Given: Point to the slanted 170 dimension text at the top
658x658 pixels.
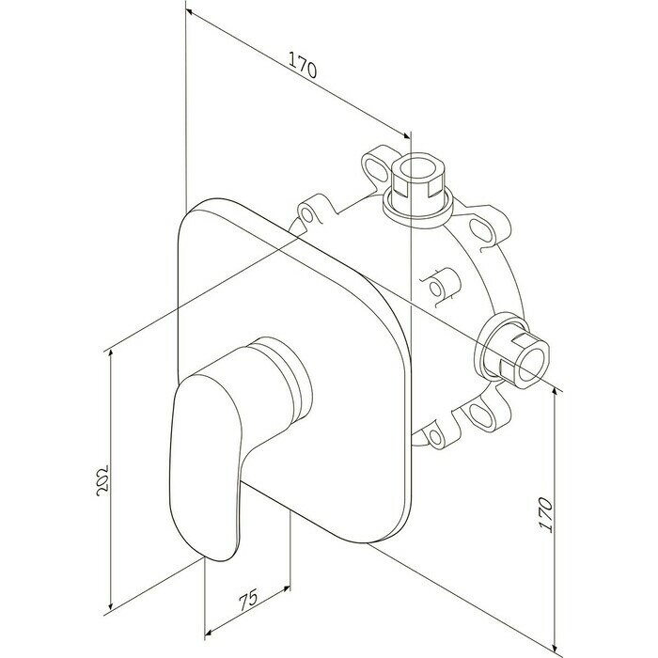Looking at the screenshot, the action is (301, 69).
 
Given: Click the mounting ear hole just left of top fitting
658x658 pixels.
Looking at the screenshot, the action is (377, 167).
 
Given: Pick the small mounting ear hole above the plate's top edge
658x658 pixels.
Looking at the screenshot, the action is (307, 214).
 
